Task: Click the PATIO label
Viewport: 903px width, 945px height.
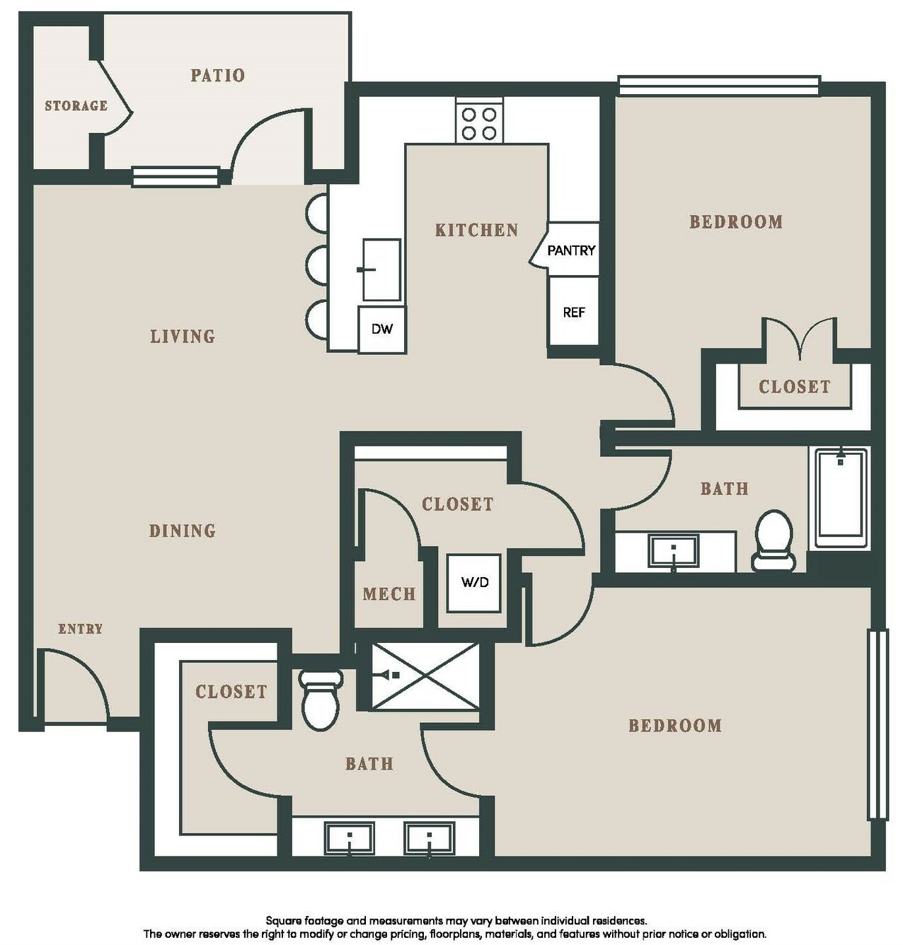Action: click(217, 75)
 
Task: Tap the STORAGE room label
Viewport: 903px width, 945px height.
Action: click(76, 105)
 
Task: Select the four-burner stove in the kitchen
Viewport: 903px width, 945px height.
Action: click(479, 120)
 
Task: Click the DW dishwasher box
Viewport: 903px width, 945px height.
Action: click(382, 329)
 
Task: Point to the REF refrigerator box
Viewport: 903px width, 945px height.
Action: click(574, 312)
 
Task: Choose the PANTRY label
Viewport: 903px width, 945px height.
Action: click(571, 250)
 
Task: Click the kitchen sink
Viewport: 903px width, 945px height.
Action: click(382, 270)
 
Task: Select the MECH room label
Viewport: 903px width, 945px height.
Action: click(389, 594)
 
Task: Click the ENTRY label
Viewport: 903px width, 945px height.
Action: click(81, 630)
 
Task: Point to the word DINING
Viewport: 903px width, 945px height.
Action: click(182, 531)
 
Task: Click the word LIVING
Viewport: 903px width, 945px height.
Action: click(183, 337)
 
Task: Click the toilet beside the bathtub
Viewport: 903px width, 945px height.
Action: click(773, 541)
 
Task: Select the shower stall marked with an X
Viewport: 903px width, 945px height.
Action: click(425, 676)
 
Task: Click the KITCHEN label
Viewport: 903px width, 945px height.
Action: click(476, 230)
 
